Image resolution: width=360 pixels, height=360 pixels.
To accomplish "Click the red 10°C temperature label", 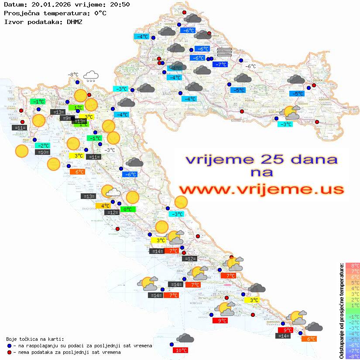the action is click(181, 350).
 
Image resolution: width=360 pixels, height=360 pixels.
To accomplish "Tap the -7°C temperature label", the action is click(220, 65).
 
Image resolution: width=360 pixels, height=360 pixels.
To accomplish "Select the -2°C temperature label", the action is click(43, 145).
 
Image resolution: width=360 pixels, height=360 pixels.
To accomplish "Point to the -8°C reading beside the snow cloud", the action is click(73, 75).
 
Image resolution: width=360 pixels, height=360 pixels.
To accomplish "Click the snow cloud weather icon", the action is click(91, 76).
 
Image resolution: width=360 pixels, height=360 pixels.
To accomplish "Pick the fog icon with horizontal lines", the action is click(224, 52).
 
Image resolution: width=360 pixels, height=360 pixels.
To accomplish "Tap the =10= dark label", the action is click(43, 152).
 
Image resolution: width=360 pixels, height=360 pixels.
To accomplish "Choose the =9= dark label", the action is click(65, 118).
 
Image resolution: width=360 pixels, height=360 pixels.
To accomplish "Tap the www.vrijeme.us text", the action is click(261, 190).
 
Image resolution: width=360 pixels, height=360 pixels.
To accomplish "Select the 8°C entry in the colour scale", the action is click(353, 266).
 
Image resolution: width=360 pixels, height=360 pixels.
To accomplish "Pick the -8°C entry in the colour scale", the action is click(353, 356).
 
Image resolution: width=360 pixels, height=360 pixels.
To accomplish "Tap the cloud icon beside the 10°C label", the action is click(185, 338).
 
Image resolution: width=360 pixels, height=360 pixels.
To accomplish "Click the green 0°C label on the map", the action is click(128, 209).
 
